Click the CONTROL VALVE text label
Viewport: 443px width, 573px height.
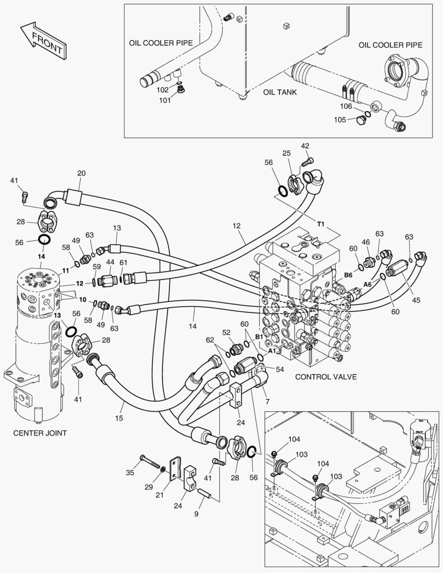pyautogui.click(x=325, y=377)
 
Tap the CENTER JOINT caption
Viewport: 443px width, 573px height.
pyautogui.click(x=40, y=433)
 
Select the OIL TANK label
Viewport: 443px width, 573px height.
pyautogui.click(x=280, y=92)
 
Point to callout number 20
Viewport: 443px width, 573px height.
pyautogui.click(x=81, y=173)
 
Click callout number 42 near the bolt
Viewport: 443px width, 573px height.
pyautogui.click(x=305, y=146)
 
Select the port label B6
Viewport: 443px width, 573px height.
pyautogui.click(x=348, y=275)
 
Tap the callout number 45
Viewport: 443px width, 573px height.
pyautogui.click(x=416, y=300)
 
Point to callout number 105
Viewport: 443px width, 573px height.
pyautogui.click(x=339, y=119)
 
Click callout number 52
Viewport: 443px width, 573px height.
pyautogui.click(x=226, y=332)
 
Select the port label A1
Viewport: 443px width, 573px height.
pyautogui.click(x=272, y=351)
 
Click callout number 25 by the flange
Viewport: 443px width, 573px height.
pyautogui.click(x=286, y=153)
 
